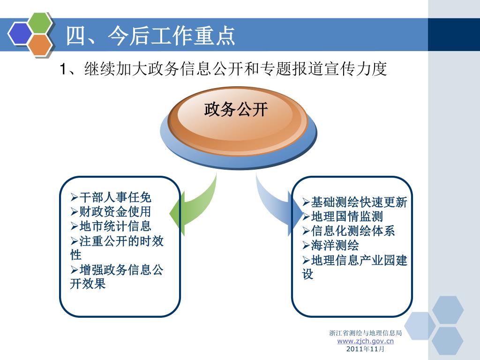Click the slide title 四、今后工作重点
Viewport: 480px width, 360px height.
150,36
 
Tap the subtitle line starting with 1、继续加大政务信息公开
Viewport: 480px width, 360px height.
223,69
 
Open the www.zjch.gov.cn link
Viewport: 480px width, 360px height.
366,341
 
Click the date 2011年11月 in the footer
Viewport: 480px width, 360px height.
366,349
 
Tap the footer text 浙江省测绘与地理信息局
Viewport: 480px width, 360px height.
366,333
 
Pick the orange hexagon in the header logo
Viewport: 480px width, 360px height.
39,43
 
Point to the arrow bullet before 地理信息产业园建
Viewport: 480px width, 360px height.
306,260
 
